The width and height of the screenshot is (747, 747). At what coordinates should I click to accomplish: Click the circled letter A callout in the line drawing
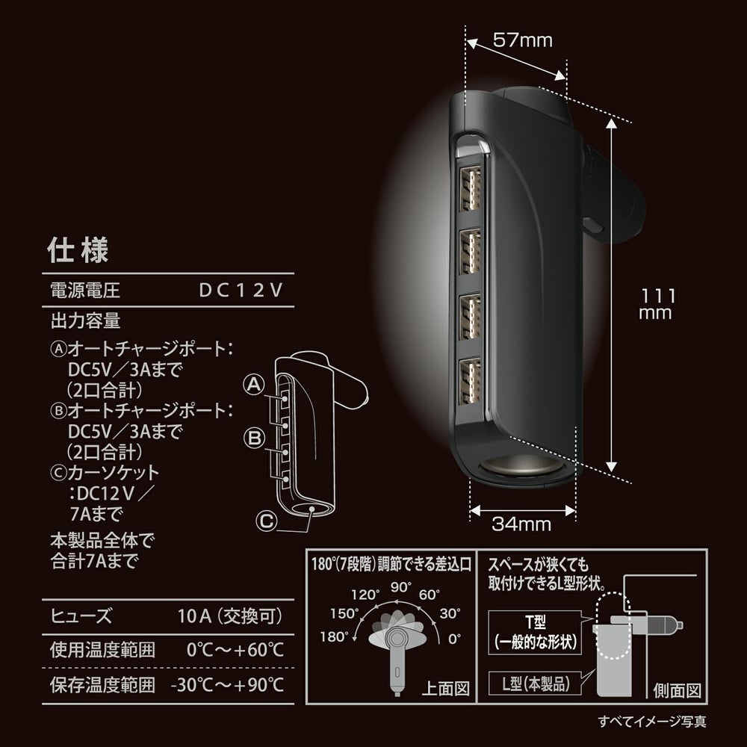point(254,385)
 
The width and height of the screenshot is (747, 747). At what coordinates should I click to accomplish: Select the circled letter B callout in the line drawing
point(254,436)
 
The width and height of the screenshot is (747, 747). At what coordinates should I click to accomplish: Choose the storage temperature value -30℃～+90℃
point(228,684)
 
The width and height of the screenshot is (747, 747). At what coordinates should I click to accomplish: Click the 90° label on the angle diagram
point(401,586)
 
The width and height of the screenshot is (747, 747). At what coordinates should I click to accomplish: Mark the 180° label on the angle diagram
point(335,637)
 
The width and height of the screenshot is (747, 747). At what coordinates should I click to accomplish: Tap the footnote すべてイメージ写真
point(652,722)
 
